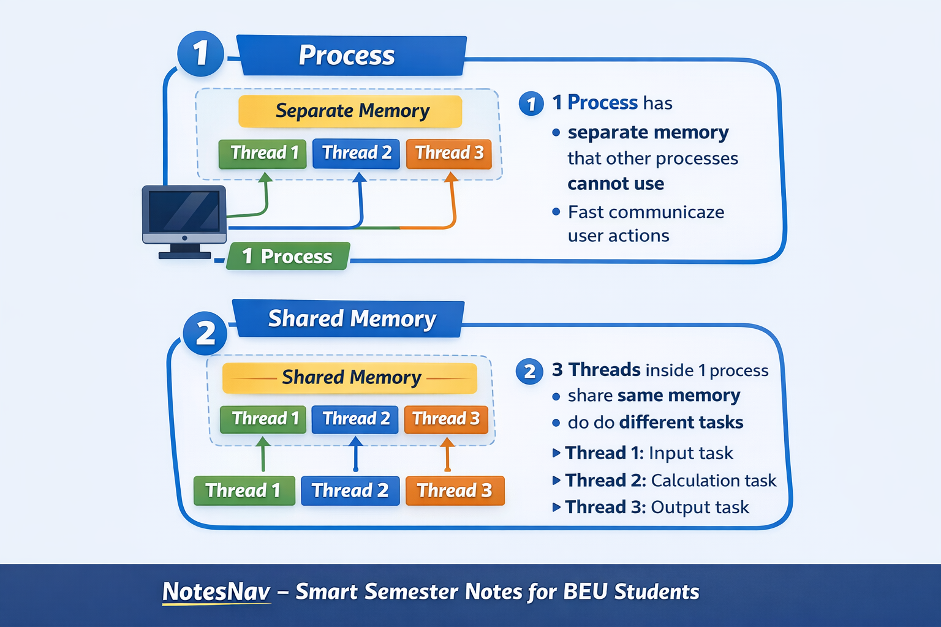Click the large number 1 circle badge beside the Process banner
pyautogui.click(x=200, y=53)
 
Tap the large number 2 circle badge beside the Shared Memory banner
pyautogui.click(x=205, y=334)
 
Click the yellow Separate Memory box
pyautogui.click(x=350, y=111)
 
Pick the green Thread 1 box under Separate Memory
pyautogui.click(x=263, y=154)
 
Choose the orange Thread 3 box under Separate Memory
pyautogui.click(x=448, y=154)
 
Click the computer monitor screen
pyautogui.click(x=184, y=211)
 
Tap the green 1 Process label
pyautogui.click(x=288, y=256)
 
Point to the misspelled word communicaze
pyautogui.click(x=667, y=212)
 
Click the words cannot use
pyautogui.click(x=616, y=184)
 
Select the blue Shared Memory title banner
pyautogui.click(x=349, y=319)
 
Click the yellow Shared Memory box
pyautogui.click(x=350, y=378)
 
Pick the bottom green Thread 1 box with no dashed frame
pyautogui.click(x=244, y=490)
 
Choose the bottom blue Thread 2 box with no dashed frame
pyautogui.click(x=350, y=490)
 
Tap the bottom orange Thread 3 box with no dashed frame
pyautogui.click(x=455, y=490)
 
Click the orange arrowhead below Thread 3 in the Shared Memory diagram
pyautogui.click(x=447, y=442)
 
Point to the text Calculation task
pyautogui.click(x=714, y=481)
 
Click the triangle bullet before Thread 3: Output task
pyautogui.click(x=557, y=508)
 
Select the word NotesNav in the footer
pyautogui.click(x=216, y=591)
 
